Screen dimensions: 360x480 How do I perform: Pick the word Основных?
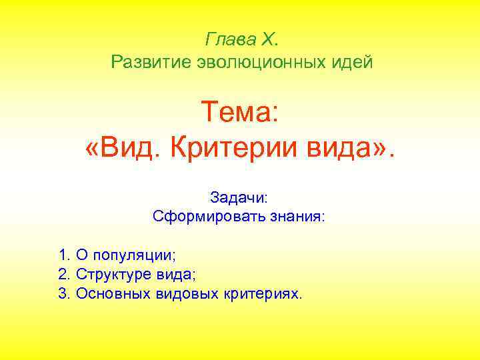109,293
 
